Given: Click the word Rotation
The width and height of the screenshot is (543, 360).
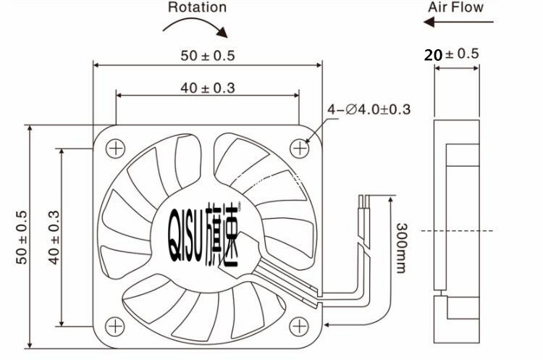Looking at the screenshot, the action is click(197, 7).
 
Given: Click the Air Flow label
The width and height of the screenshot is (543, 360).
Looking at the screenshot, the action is click(455, 7).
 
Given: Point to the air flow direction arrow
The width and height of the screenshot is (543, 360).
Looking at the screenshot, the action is click(458, 22).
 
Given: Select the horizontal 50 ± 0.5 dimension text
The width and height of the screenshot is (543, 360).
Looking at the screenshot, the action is click(208, 56).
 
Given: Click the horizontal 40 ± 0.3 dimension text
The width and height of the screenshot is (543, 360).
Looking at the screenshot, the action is click(208, 88).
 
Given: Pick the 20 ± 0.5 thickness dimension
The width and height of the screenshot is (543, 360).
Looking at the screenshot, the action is click(452, 54).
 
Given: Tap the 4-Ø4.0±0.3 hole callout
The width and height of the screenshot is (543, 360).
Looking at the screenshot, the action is click(369, 109).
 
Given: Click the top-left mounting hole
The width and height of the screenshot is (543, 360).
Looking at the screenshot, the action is click(115, 148).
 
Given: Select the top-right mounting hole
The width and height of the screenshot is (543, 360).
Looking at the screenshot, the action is click(299, 148).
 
